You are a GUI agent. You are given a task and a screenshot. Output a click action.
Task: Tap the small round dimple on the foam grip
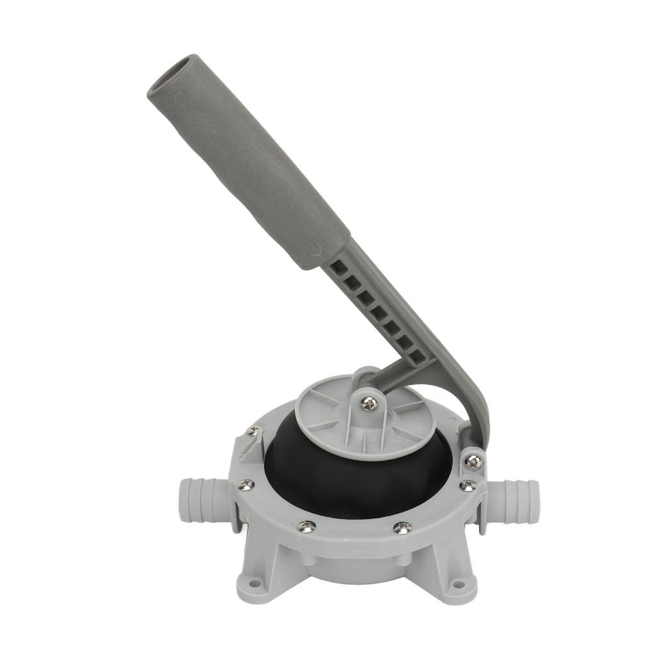tap(181, 100)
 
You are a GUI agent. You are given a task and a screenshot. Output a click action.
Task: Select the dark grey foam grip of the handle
tap(256, 166)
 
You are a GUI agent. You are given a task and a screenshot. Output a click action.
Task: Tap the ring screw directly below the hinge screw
tap(468, 485)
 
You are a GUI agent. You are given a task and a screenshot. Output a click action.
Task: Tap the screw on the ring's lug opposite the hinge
tap(254, 431)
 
